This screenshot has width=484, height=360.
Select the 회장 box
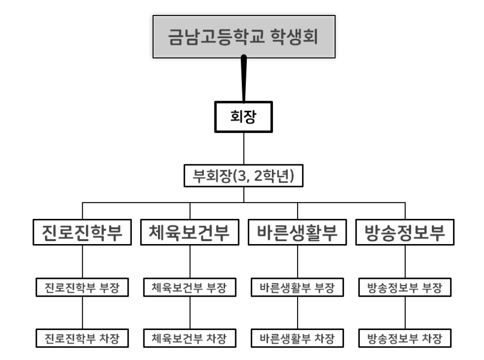244,116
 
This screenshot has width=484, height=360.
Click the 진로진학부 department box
83,233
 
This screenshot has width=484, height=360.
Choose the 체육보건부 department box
190,233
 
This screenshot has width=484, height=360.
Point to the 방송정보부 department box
405,233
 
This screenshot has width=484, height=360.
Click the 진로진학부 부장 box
83,288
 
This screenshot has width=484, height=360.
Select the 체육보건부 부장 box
190,288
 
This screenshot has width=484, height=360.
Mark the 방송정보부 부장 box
405,288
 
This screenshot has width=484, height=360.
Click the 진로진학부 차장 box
83,337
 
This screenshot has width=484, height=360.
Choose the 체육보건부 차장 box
190,337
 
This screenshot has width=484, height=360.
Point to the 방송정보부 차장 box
405,337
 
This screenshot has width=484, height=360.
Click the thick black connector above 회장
244,77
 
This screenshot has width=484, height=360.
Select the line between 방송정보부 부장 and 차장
405,312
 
